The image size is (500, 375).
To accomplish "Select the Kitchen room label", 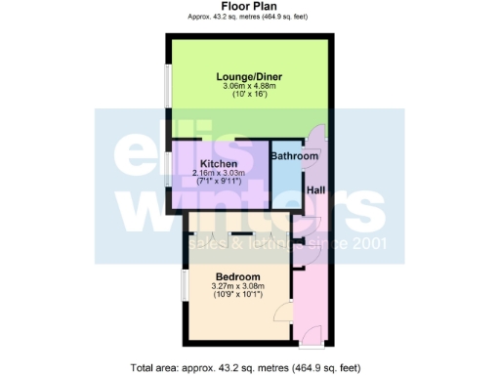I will (218, 164).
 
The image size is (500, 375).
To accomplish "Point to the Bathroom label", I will (294, 156).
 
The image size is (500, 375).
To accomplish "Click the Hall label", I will (317, 190).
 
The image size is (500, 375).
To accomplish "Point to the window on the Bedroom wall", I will (184, 287).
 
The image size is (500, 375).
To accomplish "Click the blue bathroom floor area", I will (285, 181).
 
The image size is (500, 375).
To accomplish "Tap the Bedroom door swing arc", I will (280, 312).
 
